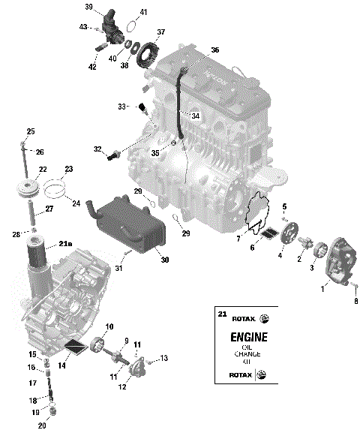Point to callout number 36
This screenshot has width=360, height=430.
point(215,50)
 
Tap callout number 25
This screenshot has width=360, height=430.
point(31,131)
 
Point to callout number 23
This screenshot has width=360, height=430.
point(68,169)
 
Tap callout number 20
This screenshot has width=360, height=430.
point(42,425)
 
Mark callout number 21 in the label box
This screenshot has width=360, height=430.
point(220,313)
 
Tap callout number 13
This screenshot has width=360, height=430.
point(164,358)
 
